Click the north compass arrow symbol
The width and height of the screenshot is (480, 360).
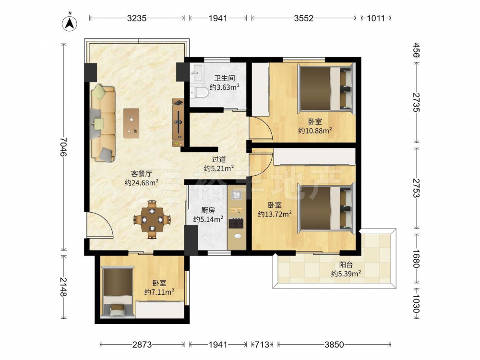pyautogui.click(x=70, y=23)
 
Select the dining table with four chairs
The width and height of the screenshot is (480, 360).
pyautogui.click(x=152, y=219)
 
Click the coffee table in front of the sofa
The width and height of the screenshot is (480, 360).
pyautogui.click(x=131, y=123)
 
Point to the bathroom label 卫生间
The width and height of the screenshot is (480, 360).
pyautogui.click(x=224, y=78)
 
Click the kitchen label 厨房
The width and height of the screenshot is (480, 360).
pyautogui.click(x=208, y=210)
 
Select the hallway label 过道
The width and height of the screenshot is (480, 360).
pyautogui.click(x=219, y=159)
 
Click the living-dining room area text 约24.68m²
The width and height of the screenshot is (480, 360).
pyautogui.click(x=142, y=183)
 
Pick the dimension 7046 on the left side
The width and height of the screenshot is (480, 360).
pyautogui.click(x=63, y=146)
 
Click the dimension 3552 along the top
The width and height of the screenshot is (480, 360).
pyautogui.click(x=304, y=18)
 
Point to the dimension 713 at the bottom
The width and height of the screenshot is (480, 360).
pyautogui.click(x=263, y=345)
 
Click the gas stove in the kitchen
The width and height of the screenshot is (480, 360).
pyautogui.click(x=236, y=223)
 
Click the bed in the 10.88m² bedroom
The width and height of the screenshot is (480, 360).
pyautogui.click(x=326, y=89)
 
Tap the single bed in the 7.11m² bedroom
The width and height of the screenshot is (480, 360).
pyautogui.click(x=118, y=292)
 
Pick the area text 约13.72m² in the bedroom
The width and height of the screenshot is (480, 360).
pyautogui.click(x=275, y=214)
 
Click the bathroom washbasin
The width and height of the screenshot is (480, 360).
pyautogui.click(x=196, y=73)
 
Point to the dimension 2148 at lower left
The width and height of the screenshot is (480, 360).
pyautogui.click(x=63, y=287)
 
